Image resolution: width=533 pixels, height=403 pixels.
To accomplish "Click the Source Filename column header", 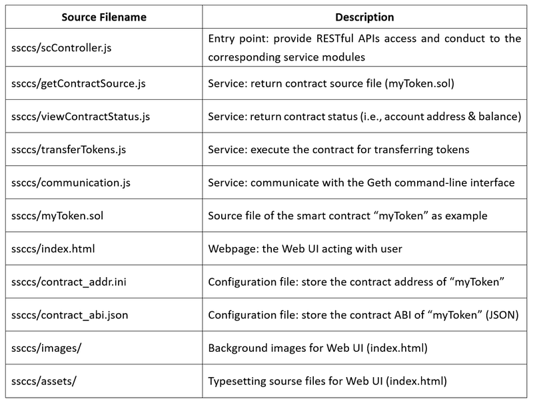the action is (x=104, y=17).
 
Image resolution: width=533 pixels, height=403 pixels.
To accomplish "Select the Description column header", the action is (x=364, y=17).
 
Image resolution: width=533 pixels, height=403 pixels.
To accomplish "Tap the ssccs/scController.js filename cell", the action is (x=61, y=48).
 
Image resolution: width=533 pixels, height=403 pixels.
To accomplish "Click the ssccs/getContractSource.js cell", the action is (x=78, y=83).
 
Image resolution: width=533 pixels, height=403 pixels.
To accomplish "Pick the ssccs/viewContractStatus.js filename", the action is (x=81, y=117).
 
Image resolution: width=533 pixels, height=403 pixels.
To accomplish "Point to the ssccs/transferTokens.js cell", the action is (x=69, y=149).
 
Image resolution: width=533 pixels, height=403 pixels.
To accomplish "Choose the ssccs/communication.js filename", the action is (x=71, y=183).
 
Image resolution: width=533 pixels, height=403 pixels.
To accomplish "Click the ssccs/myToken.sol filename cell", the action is (x=57, y=216).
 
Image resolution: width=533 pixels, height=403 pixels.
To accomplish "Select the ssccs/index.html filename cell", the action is (x=53, y=248).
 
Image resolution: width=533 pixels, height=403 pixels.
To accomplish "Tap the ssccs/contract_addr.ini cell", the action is (x=69, y=282).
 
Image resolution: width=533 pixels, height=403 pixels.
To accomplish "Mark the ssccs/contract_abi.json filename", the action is (x=70, y=315).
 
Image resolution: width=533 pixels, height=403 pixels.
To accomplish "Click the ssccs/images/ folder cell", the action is (x=46, y=348).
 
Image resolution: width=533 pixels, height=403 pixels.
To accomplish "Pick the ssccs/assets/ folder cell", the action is (x=44, y=381).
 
